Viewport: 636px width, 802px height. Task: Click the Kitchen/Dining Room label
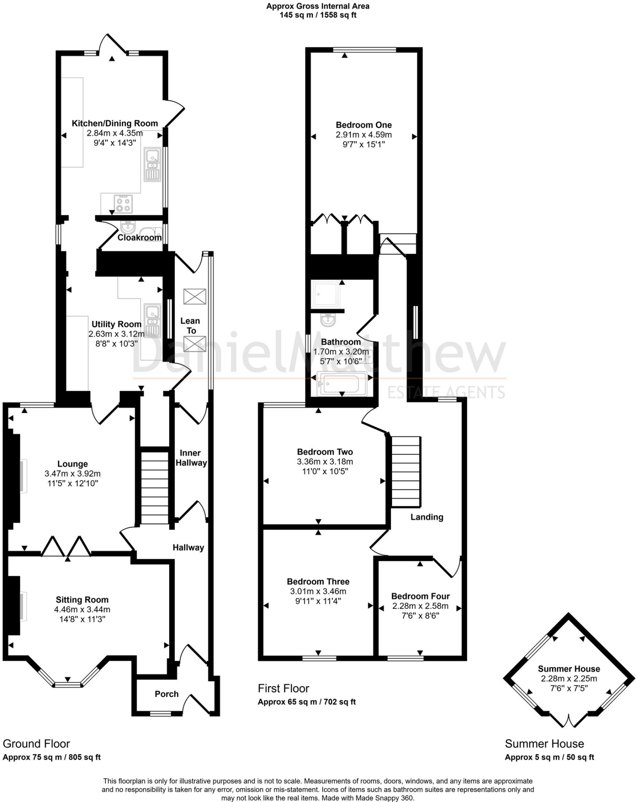point(115,123)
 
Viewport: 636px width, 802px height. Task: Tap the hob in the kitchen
point(123,204)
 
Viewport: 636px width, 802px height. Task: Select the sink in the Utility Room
point(152,320)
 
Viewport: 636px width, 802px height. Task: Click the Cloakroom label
point(139,238)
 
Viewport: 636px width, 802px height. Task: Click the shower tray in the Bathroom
point(325,294)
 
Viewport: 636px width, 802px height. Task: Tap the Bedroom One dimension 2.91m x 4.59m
point(363,135)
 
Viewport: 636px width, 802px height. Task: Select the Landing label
point(427,517)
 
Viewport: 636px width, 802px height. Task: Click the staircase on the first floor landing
point(406,472)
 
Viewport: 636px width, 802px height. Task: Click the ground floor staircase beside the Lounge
point(155,488)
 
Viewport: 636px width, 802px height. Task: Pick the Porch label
point(166,694)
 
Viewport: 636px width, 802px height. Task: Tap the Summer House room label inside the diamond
point(569,669)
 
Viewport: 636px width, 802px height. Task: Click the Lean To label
point(190,326)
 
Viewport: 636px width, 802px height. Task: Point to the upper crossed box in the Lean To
point(195,296)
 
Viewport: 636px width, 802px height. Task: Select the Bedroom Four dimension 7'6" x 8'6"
point(420,615)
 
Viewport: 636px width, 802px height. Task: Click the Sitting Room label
point(82,600)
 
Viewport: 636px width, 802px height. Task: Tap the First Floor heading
point(283,688)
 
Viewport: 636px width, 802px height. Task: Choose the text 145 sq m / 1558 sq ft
point(318,15)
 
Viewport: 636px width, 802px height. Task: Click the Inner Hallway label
point(191,458)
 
